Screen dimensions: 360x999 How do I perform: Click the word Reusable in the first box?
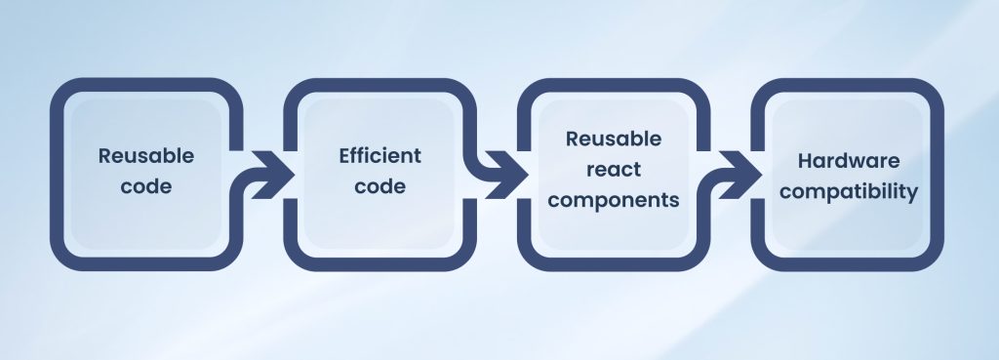146,156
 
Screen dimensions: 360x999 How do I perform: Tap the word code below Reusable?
146,185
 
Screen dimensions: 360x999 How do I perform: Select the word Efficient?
380,156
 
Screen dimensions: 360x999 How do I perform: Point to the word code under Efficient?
380,185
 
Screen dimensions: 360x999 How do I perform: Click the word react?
614,170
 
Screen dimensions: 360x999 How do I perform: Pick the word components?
614,200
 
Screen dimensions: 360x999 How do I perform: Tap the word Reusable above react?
614,140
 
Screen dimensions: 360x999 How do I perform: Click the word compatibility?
849,192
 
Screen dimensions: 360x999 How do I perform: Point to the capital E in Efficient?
344,156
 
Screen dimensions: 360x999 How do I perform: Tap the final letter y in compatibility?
913,194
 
